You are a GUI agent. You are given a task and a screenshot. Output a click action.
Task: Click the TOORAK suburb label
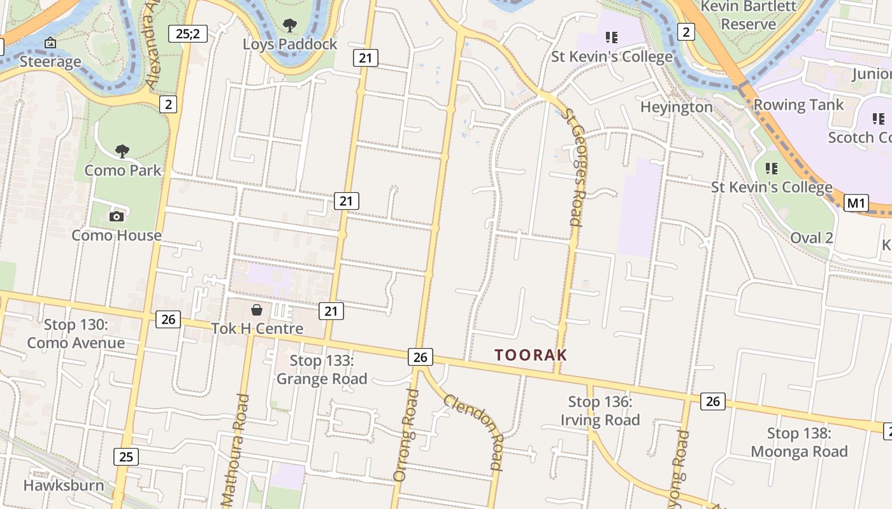[531, 355]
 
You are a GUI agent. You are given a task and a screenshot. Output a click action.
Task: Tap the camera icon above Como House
[116, 216]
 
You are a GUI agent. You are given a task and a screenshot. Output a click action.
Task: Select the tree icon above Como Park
[122, 151]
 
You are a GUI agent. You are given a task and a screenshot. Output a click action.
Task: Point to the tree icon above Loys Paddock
[290, 25]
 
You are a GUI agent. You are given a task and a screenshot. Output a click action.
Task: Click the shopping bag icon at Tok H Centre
[257, 310]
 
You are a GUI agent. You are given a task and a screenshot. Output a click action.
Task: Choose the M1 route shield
[856, 203]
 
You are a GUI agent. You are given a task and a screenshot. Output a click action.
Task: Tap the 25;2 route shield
[188, 34]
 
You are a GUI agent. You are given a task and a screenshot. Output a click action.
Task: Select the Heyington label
[676, 107]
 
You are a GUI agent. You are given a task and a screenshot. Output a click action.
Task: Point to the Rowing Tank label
[798, 104]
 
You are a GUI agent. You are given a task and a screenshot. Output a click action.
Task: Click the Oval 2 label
[811, 238]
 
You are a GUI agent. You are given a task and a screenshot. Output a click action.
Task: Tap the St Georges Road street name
[575, 167]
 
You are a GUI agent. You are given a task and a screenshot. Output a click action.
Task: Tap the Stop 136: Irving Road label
[600, 411]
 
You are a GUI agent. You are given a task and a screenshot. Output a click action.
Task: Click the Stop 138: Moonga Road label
[799, 443]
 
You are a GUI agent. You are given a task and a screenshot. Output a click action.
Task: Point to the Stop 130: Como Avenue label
[76, 334]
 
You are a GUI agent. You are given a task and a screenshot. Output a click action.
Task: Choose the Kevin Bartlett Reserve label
[749, 15]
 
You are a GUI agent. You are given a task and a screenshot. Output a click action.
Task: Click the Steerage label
[50, 62]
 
